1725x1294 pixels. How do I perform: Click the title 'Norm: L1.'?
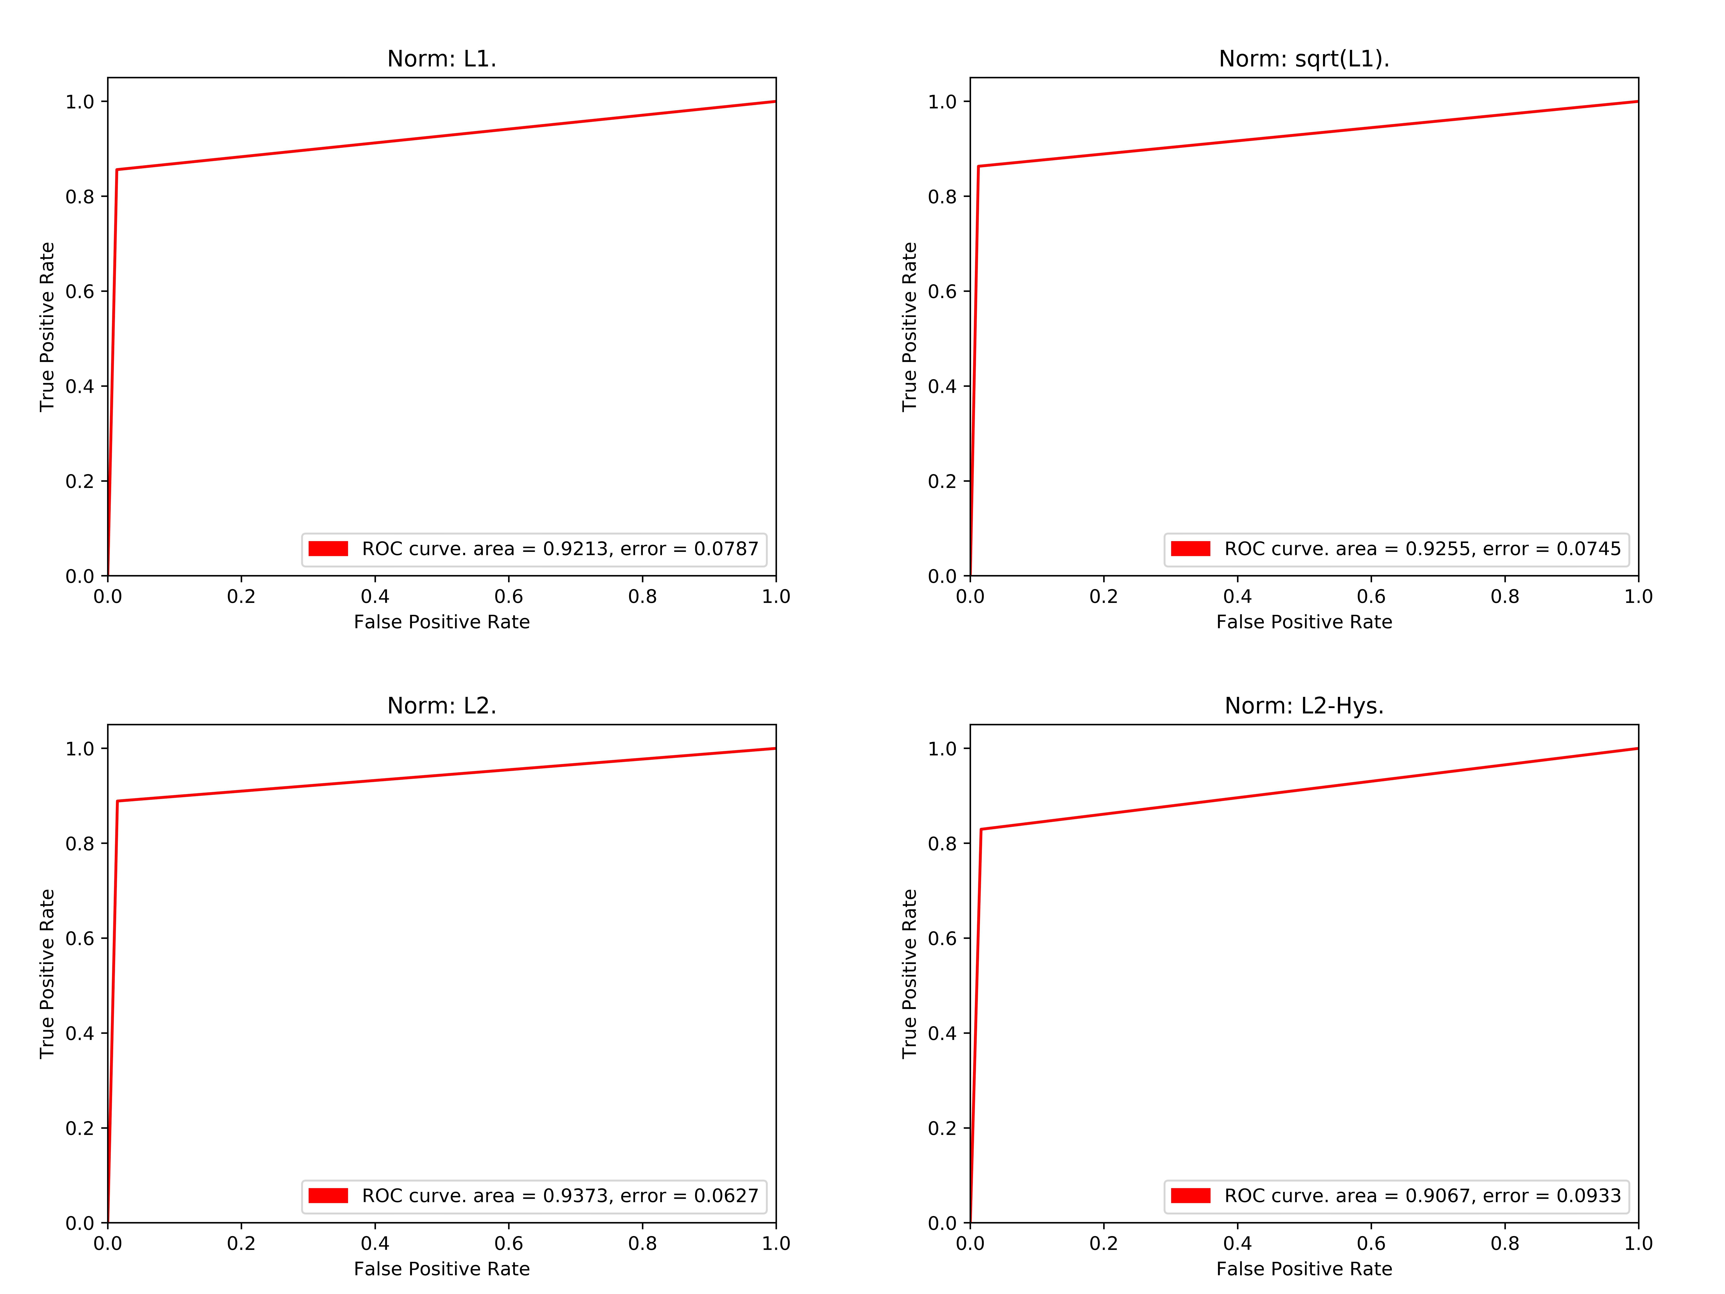point(441,59)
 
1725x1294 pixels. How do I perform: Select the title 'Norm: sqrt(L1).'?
point(1304,59)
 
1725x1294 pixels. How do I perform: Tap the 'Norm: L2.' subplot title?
point(441,706)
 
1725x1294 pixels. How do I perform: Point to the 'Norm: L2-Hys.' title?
point(1304,706)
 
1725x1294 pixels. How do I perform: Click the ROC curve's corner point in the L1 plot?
point(117,169)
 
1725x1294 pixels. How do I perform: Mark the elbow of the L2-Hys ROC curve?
point(981,829)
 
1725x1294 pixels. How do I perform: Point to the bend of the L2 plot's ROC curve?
point(117,801)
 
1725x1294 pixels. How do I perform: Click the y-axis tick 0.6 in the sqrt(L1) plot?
point(942,292)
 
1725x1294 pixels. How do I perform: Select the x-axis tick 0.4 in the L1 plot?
point(375,597)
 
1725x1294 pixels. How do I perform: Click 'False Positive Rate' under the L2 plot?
point(441,1269)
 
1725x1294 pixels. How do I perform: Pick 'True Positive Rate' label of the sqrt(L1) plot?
point(909,327)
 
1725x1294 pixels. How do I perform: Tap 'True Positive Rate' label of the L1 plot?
point(47,327)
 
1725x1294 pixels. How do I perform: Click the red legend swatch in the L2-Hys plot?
point(1191,1196)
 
